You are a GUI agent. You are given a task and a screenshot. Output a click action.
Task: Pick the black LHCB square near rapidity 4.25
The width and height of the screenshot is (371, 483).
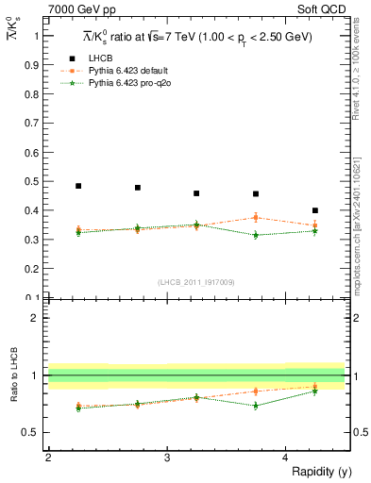(315, 210)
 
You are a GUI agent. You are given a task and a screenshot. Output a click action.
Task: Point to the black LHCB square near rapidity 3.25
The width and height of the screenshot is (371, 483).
(196, 193)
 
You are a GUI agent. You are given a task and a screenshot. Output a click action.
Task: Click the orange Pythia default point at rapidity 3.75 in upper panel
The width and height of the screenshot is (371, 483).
(256, 218)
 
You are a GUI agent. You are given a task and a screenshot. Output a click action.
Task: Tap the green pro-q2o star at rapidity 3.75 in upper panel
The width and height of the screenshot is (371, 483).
(256, 235)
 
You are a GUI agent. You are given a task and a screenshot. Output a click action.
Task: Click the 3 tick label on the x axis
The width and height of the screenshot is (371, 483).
(167, 458)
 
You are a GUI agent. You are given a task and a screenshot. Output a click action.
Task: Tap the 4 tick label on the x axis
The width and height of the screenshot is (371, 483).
(286, 458)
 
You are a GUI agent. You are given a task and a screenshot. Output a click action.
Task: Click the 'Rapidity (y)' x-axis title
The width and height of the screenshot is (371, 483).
(314, 472)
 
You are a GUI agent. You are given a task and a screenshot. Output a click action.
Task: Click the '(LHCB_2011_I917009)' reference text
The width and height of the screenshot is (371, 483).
(196, 282)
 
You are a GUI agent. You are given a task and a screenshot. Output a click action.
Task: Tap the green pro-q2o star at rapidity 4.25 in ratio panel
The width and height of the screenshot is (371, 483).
(315, 391)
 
